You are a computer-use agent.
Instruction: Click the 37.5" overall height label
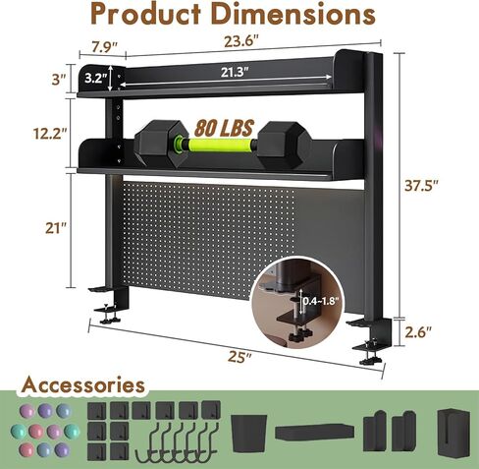[421, 186]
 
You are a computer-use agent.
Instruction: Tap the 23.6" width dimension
[241, 41]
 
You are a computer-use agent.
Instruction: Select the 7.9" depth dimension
[104, 47]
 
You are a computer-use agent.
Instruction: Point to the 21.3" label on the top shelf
[235, 73]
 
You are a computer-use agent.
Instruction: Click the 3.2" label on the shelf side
[96, 78]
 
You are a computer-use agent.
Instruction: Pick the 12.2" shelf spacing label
[50, 134]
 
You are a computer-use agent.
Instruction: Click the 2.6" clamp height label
[418, 332]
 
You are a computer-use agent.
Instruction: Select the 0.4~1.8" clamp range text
[319, 301]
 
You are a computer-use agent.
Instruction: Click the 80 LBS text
[224, 128]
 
